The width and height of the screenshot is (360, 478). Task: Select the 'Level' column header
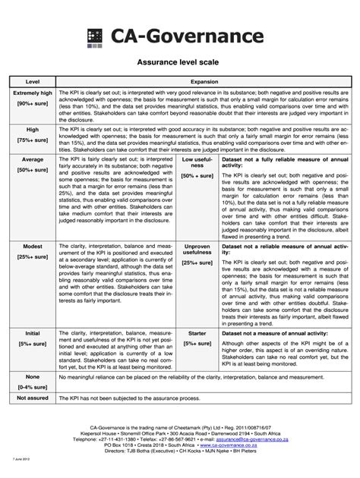33,81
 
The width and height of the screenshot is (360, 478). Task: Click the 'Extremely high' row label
33,92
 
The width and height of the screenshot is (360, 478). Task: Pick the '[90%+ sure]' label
33,103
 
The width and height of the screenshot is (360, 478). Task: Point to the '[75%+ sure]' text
33,140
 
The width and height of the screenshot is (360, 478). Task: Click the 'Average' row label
33,160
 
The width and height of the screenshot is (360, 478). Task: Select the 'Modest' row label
33,247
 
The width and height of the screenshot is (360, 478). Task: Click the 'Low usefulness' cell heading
196,164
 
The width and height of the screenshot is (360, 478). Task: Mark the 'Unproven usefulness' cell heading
196,251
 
